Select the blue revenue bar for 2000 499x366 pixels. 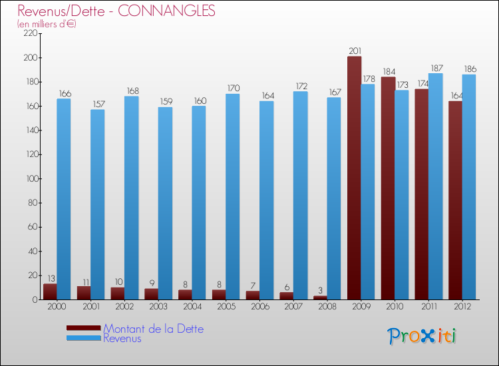pyautogui.click(x=64, y=199)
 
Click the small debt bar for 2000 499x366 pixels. pyautogui.click(x=50, y=291)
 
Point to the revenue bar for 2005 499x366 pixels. pyautogui.click(x=233, y=196)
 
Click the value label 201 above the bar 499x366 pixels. pyautogui.click(x=355, y=51)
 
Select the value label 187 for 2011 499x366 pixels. pyautogui.click(x=436, y=68)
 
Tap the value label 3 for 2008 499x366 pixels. pyautogui.click(x=321, y=290)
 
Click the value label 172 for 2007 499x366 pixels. pyautogui.click(x=301, y=86)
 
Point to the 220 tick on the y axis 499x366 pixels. pyautogui.click(x=29, y=34)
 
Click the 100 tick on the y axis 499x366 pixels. pyautogui.click(x=29, y=178)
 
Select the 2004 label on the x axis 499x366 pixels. pyautogui.click(x=192, y=307)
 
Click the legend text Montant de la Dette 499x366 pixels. pyautogui.click(x=153, y=329)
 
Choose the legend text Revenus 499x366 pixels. pyautogui.click(x=122, y=338)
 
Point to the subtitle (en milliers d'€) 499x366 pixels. pyautogui.click(x=47, y=24)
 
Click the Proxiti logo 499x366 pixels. pyautogui.click(x=422, y=336)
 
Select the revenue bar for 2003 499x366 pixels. pyautogui.click(x=165, y=203)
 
